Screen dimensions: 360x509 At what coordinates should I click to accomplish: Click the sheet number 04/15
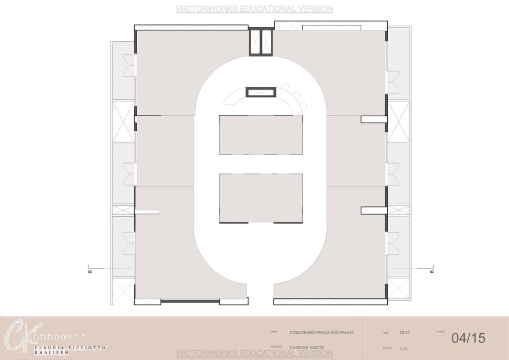468,338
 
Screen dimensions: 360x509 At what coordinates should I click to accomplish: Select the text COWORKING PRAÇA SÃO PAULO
321,332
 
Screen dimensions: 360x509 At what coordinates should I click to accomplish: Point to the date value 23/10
405,333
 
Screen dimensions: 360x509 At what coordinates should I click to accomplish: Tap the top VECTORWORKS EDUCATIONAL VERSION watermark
254,9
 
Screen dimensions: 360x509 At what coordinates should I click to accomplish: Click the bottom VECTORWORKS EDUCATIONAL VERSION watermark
254,354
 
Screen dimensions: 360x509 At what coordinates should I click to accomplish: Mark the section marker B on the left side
89,271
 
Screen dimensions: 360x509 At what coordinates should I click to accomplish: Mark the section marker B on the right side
431,271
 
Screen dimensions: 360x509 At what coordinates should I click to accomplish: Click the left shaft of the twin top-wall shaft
255,42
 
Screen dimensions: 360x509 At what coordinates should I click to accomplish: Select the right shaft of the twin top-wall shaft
267,42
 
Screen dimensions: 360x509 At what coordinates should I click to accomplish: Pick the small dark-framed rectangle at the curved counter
260,92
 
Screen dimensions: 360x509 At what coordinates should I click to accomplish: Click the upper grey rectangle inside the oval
260,135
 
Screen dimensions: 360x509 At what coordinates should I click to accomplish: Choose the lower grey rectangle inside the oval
260,197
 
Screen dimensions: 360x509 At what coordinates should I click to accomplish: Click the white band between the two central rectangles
260,164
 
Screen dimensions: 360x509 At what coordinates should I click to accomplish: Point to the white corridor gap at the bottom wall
260,293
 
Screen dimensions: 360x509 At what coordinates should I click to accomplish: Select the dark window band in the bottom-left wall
190,301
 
